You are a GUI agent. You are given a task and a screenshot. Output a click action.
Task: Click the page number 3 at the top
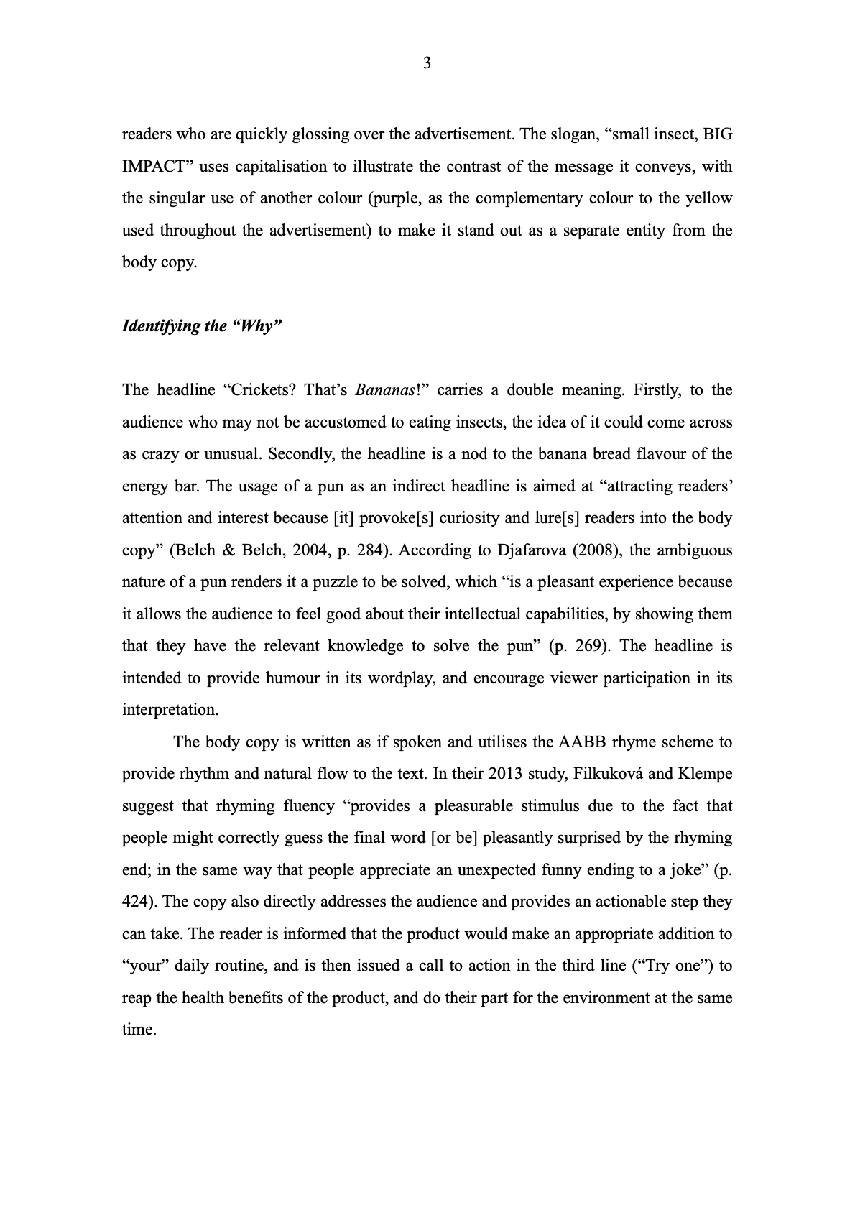click(x=427, y=63)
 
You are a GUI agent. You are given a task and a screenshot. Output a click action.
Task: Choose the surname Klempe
click(x=705, y=774)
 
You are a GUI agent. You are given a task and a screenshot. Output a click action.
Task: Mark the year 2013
click(x=505, y=774)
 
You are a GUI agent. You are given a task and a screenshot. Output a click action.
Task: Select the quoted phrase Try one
click(x=669, y=966)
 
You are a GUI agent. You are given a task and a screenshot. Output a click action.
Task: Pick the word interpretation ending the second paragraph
click(x=169, y=710)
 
